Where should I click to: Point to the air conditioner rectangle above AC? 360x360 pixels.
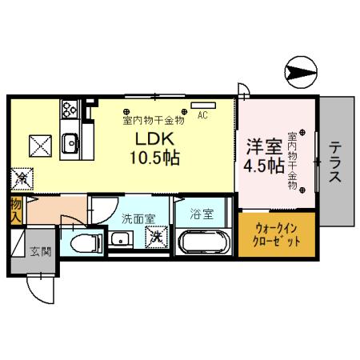tap(203, 105)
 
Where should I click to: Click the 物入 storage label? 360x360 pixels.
tap(15, 210)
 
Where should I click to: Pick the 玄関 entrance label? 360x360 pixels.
tap(41, 252)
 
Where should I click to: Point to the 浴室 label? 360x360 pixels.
tap(201, 214)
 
